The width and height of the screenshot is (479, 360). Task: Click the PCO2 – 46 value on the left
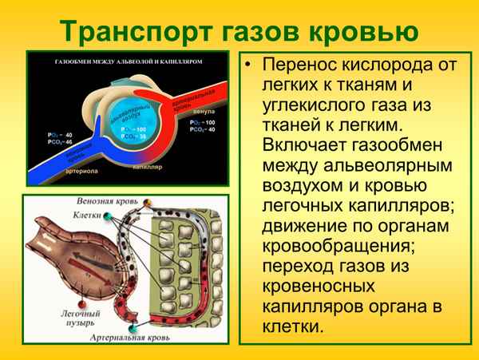click(60, 141)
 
